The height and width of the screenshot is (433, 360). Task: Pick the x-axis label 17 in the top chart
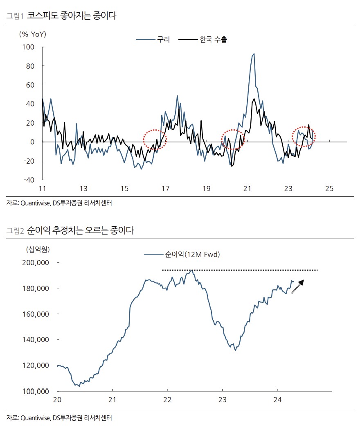coord(165,189)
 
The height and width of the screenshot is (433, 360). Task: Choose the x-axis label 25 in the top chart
coord(329,189)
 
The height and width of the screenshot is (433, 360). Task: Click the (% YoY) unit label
coord(32,34)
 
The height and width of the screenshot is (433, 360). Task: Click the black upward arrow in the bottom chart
coord(298,286)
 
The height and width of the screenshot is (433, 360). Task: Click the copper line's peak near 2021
coord(254,54)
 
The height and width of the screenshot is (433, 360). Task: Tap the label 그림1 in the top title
coord(15,16)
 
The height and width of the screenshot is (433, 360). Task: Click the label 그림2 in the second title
coord(15,231)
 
